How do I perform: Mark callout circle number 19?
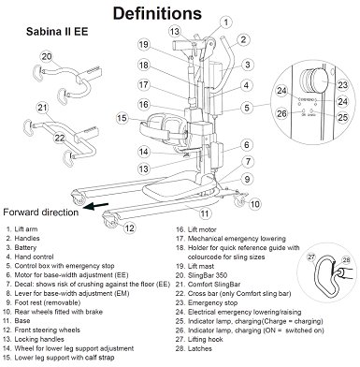click(144, 44)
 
